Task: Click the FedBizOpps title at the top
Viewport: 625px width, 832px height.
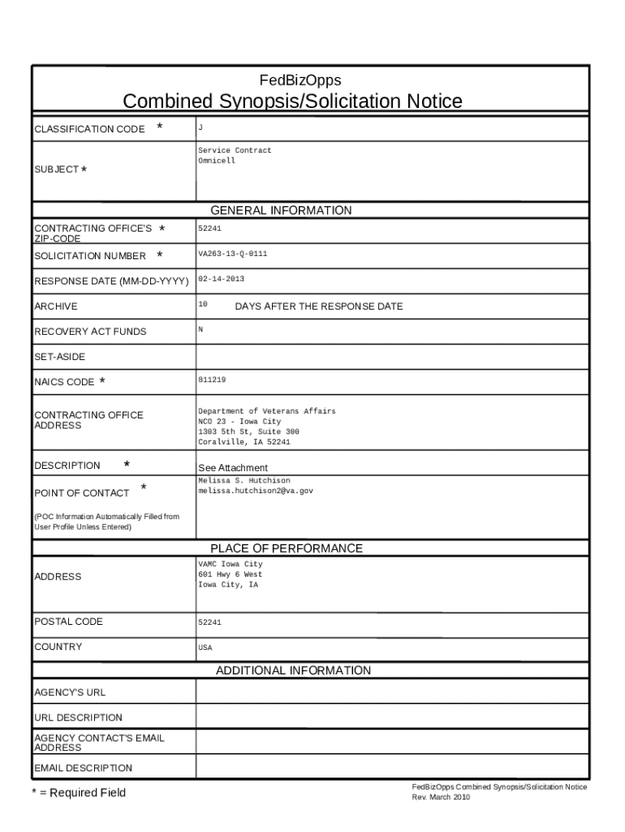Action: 300,80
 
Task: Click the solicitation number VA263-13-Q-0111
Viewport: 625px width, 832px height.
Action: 233,254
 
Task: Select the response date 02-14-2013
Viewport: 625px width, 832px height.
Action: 221,279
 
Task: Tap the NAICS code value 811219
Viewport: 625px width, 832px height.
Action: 212,379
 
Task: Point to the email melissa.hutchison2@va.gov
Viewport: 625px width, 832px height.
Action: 256,491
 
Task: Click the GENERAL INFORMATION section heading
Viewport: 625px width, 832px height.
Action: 281,210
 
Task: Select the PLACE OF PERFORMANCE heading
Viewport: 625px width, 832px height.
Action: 287,548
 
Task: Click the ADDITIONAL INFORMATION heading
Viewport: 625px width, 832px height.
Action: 293,670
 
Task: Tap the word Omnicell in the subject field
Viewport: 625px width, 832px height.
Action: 217,161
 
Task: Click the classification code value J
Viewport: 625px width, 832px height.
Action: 200,127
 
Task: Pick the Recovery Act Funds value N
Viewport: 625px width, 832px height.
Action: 200,329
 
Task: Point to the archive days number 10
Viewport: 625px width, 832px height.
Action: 203,304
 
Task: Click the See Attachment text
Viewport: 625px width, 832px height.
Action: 233,468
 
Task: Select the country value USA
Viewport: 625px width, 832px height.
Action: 205,648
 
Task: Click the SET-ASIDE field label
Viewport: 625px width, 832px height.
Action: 59,357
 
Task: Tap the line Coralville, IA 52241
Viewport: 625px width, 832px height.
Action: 244,442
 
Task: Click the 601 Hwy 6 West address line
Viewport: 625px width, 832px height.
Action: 230,574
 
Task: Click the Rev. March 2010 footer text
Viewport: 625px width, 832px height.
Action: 441,797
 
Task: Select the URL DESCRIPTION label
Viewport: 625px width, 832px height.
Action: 78,717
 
